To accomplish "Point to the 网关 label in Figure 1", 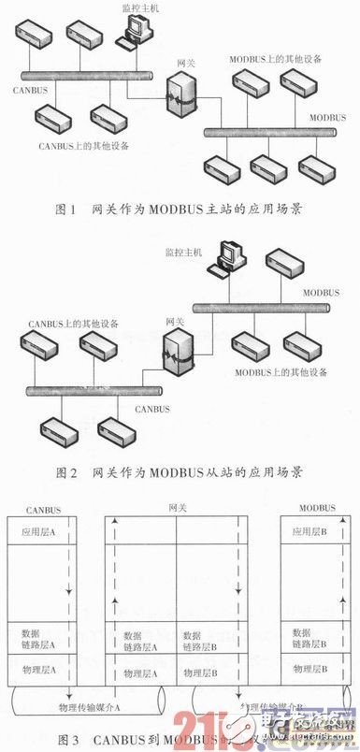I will point(186,63).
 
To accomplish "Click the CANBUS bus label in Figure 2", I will point(156,409).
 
